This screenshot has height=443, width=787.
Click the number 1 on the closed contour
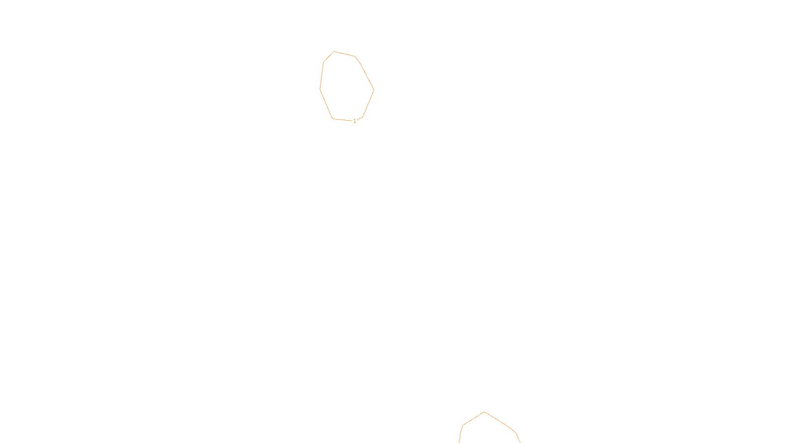[355, 121]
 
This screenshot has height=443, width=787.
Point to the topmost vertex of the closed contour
[334, 51]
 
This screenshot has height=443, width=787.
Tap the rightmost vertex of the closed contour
[374, 90]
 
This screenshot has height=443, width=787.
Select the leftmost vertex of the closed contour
[320, 89]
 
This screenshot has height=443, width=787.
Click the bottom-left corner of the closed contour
[333, 119]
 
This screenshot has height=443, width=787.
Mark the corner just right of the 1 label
[363, 117]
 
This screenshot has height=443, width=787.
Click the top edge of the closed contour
[344, 54]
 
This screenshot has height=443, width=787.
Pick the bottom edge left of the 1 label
[342, 120]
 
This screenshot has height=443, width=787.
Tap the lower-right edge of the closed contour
[368, 103]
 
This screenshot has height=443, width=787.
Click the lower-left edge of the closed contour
[326, 103]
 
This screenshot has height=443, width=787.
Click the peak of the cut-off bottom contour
[484, 412]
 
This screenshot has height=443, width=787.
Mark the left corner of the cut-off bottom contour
[463, 426]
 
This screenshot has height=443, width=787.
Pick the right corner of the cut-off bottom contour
[515, 432]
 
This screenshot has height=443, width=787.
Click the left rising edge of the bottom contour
[474, 419]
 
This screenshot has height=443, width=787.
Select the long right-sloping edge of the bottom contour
[499, 421]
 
